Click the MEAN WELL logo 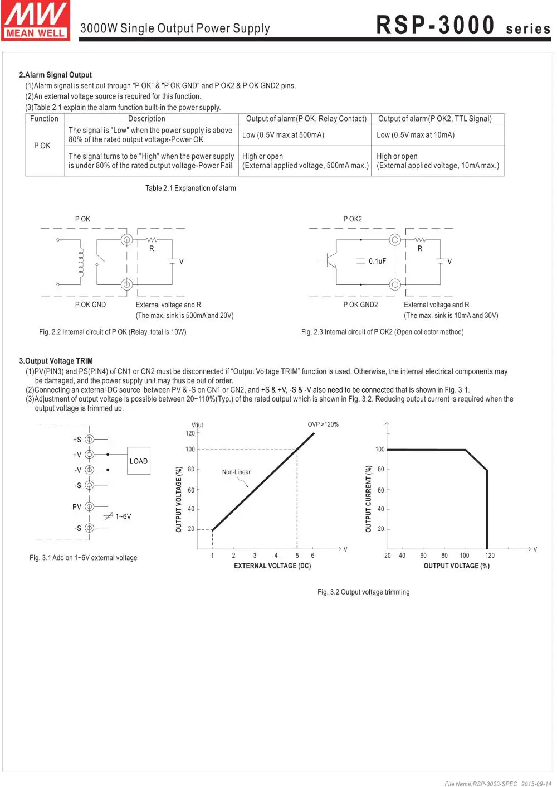click(36, 21)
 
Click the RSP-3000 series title click(463, 26)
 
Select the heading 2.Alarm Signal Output click(55, 75)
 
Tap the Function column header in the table click(44, 119)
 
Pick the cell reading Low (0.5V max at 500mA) click(283, 135)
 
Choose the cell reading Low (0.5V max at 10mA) click(415, 135)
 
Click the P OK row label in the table click(42, 146)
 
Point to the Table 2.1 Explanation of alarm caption click(190, 188)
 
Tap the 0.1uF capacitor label click(377, 261)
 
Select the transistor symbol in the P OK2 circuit click(331, 260)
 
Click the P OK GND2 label click(360, 305)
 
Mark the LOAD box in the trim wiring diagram click(139, 461)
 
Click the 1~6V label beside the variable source click(123, 516)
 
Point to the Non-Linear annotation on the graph click(236, 472)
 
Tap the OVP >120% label click(323, 424)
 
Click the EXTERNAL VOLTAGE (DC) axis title click(272, 566)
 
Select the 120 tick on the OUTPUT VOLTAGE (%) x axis click(490, 556)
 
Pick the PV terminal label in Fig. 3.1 click(77, 507)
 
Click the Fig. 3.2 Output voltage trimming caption click(363, 592)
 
